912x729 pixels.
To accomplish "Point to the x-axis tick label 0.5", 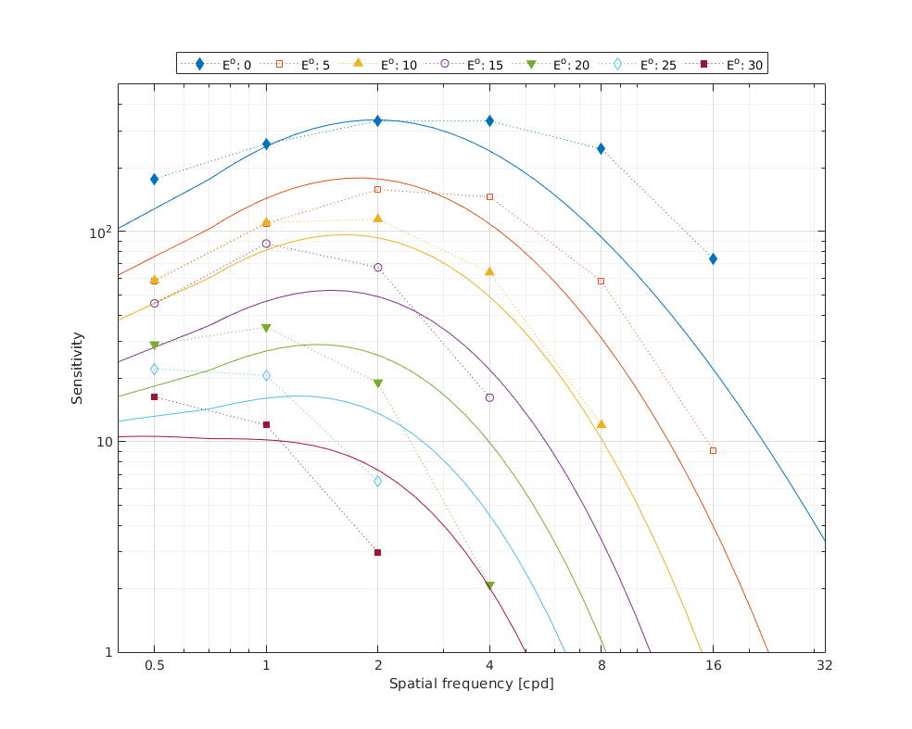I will (x=155, y=664).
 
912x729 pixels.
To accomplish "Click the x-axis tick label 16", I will (x=713, y=664).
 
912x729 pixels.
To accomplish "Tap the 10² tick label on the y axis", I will (x=98, y=232).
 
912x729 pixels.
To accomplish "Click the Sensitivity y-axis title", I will (x=78, y=368).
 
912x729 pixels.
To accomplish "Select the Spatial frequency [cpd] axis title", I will (x=471, y=684).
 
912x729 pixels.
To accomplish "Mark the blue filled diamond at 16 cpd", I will (x=713, y=258).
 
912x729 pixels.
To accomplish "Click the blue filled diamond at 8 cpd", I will (x=601, y=148).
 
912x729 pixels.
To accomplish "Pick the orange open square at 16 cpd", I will (x=713, y=450).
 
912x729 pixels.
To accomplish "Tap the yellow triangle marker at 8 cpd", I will (x=602, y=423).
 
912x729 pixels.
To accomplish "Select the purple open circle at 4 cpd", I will (x=489, y=397).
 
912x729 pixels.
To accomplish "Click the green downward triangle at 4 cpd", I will (x=489, y=585).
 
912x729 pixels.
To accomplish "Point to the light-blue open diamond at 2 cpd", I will (x=377, y=481).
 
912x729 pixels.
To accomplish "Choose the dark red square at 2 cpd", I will (x=377, y=552).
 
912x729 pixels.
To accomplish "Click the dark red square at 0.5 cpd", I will (x=155, y=396).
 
